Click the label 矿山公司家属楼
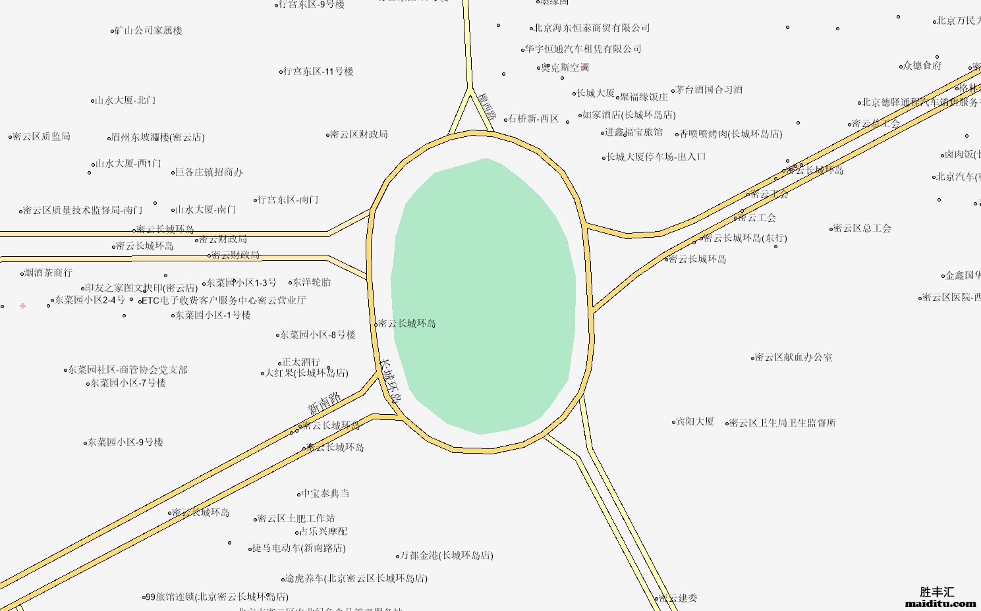point(148,31)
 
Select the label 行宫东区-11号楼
point(318,72)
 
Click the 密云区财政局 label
point(358,135)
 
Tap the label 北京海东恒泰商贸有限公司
point(591,28)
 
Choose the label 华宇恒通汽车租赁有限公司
point(583,49)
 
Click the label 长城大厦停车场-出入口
point(656,157)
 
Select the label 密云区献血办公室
point(793,358)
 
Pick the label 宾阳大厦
point(695,421)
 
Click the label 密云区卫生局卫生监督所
point(782,423)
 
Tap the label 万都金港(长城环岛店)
point(447,556)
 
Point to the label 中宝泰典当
point(325,494)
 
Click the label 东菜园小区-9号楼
point(125,442)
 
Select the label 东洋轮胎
point(312,282)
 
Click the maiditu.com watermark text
point(940,603)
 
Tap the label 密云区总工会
point(862,228)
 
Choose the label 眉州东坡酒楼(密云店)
point(157,138)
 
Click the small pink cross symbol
point(23,305)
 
